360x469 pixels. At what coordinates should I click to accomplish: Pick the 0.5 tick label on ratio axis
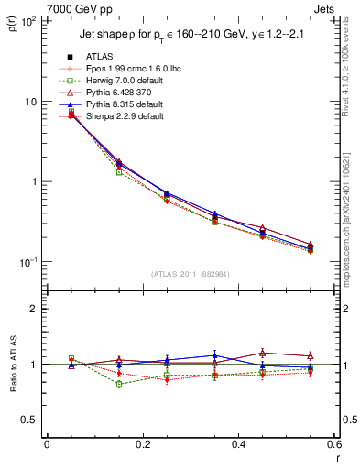30,420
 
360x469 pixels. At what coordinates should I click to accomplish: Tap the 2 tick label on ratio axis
35,309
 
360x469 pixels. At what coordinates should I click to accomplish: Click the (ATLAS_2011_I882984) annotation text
190,273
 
